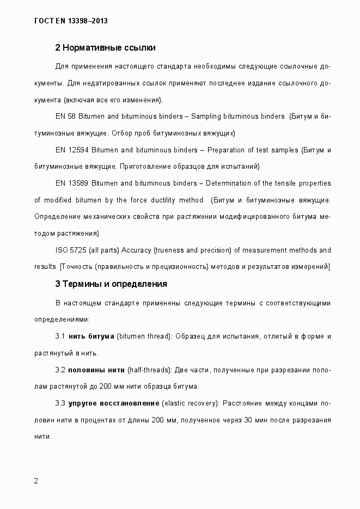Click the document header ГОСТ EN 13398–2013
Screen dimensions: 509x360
[71, 21]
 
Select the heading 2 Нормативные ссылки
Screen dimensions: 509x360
[106, 48]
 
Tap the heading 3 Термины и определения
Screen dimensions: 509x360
[111, 284]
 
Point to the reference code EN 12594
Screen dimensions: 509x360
[71, 150]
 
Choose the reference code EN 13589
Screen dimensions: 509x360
[71, 183]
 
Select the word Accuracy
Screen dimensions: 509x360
[137, 250]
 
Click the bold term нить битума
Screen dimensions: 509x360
[91, 336]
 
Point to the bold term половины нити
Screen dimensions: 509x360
[96, 370]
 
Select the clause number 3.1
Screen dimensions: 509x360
[60, 336]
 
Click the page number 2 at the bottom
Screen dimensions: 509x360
[36, 481]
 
